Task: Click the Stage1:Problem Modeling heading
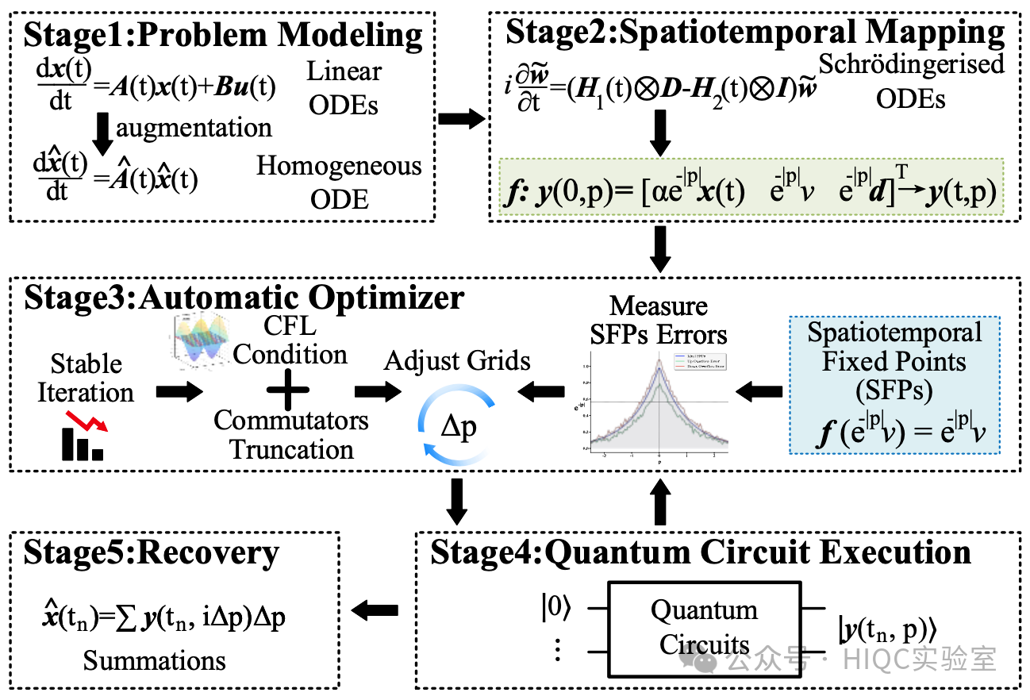click(x=223, y=36)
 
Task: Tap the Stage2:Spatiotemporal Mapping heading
click(x=755, y=33)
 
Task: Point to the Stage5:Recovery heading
click(x=151, y=553)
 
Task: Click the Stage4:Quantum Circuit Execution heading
click(x=701, y=552)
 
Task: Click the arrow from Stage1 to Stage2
click(x=462, y=119)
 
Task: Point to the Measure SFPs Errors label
click(x=658, y=320)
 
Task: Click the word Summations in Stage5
click(x=154, y=660)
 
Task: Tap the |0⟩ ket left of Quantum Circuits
click(x=556, y=609)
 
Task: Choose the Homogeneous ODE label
click(x=339, y=182)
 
